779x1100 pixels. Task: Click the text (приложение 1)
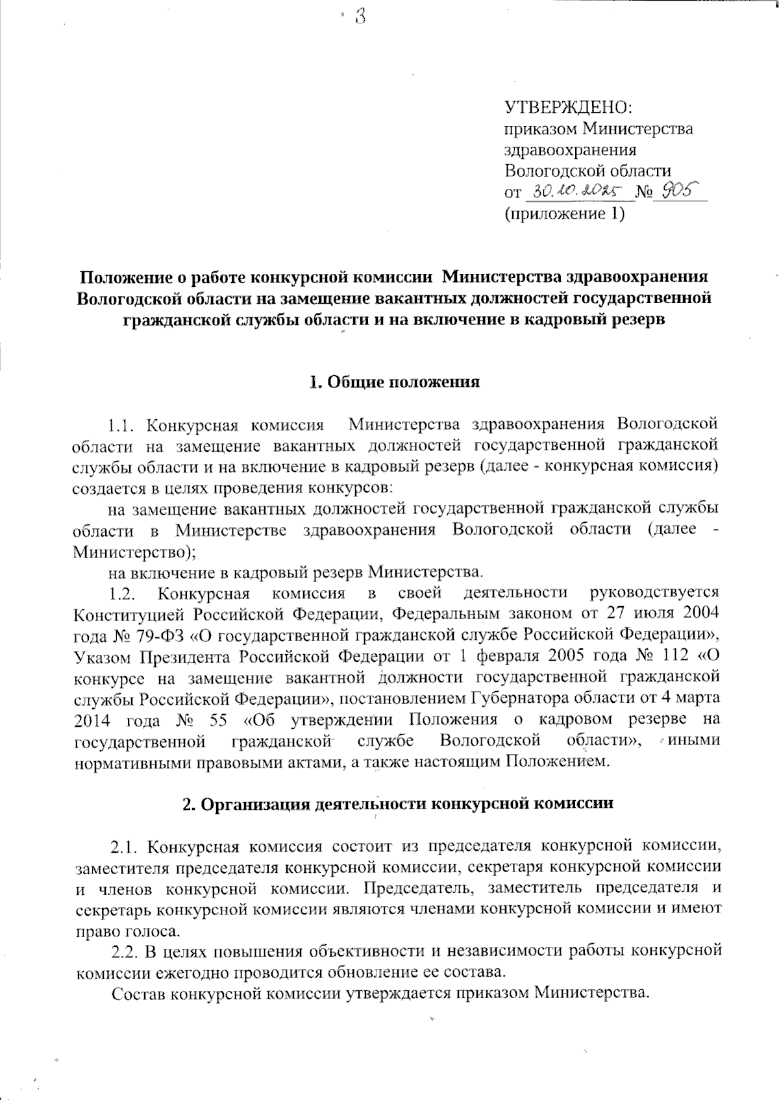[564, 214]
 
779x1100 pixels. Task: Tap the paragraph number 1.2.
[121, 593]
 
